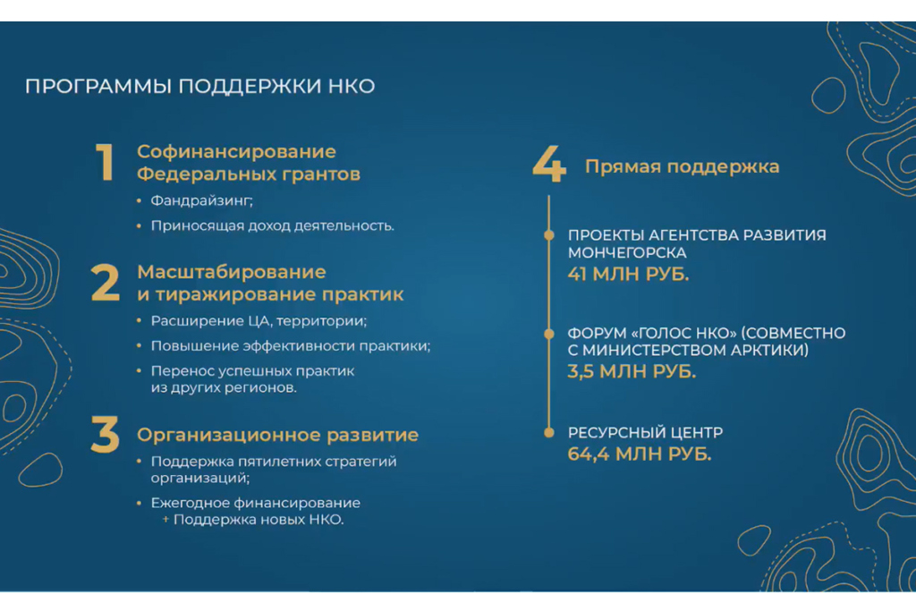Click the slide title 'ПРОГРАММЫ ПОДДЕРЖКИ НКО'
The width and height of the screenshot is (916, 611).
199,86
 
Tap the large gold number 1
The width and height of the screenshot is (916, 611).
105,163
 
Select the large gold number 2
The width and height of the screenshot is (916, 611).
106,284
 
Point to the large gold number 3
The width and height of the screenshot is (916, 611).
106,435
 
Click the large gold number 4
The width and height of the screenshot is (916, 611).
549,164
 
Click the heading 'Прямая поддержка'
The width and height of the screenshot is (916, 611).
683,166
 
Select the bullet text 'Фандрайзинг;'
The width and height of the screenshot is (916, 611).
201,201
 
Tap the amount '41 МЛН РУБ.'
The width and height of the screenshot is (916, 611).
629,274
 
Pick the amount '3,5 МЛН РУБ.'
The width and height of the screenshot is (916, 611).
632,371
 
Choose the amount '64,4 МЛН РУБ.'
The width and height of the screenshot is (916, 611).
640,454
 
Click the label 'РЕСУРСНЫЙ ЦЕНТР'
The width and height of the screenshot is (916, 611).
646,432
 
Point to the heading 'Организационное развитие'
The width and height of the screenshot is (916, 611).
277,435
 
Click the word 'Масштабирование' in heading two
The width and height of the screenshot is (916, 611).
232,272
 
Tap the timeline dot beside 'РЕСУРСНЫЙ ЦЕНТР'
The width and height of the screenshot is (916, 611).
549,433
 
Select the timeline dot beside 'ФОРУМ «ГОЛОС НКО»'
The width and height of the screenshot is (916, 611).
549,334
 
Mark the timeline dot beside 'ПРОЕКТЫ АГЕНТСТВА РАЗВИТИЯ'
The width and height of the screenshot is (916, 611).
549,235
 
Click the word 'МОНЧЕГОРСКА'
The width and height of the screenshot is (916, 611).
627,253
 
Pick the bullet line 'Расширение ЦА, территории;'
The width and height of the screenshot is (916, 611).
259,321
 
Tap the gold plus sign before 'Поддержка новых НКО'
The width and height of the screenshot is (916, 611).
165,519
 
